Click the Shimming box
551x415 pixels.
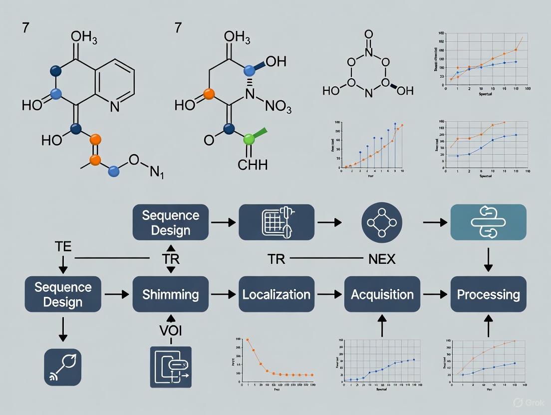[x=170, y=294]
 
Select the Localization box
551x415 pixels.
[x=276, y=294]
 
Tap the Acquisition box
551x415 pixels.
[x=382, y=294]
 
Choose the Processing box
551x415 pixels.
[x=488, y=294]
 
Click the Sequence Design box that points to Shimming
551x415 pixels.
[x=63, y=294]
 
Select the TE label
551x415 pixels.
[x=63, y=246]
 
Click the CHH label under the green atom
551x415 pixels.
[x=253, y=165]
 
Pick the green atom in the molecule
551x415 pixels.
[x=249, y=139]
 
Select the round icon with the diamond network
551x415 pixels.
[x=382, y=222]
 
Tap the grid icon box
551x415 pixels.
[x=276, y=222]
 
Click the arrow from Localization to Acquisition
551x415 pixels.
[x=329, y=295]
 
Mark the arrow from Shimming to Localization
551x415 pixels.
[x=224, y=295]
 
